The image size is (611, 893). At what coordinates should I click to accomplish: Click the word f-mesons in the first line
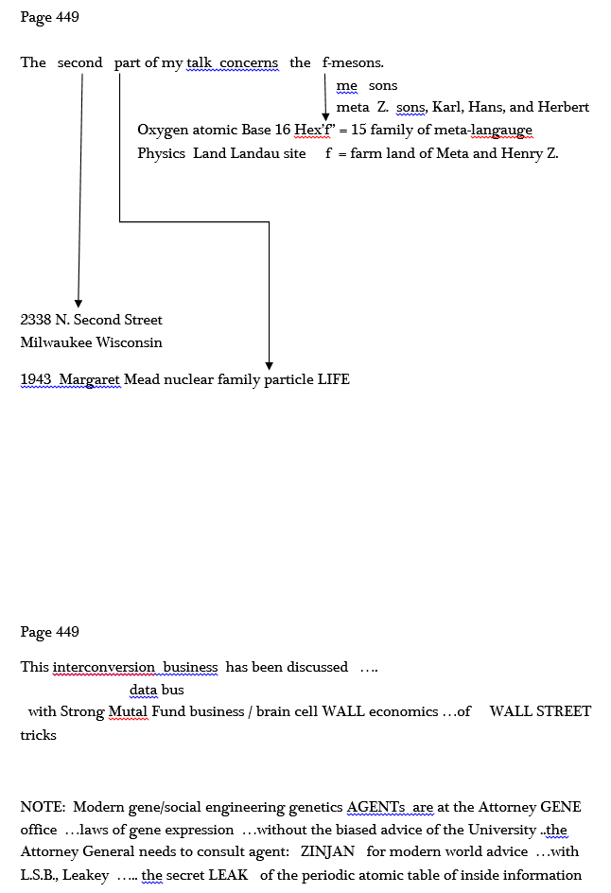pyautogui.click(x=353, y=62)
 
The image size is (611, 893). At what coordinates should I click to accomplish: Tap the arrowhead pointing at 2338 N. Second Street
pyautogui.click(x=79, y=303)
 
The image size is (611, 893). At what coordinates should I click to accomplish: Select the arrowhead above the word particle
pyautogui.click(x=269, y=366)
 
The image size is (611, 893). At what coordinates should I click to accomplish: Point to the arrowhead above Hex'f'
pyautogui.click(x=325, y=116)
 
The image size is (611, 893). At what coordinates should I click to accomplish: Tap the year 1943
pyautogui.click(x=36, y=379)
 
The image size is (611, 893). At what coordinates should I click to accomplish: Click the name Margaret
pyautogui.click(x=90, y=379)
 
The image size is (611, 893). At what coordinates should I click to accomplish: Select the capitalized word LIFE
pyautogui.click(x=334, y=379)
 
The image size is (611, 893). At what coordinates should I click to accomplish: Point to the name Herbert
pyautogui.click(x=563, y=107)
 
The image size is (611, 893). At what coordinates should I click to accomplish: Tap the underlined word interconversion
pyautogui.click(x=104, y=667)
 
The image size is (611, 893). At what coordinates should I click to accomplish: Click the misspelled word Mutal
pyautogui.click(x=128, y=711)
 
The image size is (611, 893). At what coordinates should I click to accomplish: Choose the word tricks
pyautogui.click(x=38, y=735)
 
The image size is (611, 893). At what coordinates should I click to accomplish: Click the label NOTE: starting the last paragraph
pyautogui.click(x=43, y=807)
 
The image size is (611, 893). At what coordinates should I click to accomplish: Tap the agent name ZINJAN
pyautogui.click(x=327, y=851)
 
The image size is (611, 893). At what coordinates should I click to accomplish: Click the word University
pyautogui.click(x=501, y=830)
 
